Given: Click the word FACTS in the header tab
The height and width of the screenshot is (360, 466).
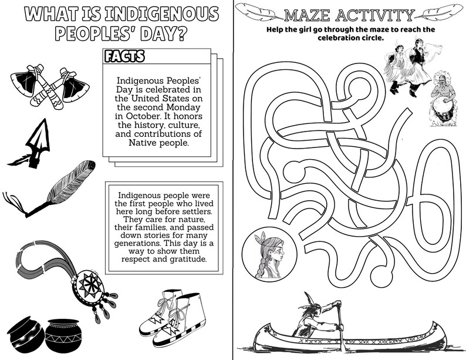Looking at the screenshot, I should pos(124,56).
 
